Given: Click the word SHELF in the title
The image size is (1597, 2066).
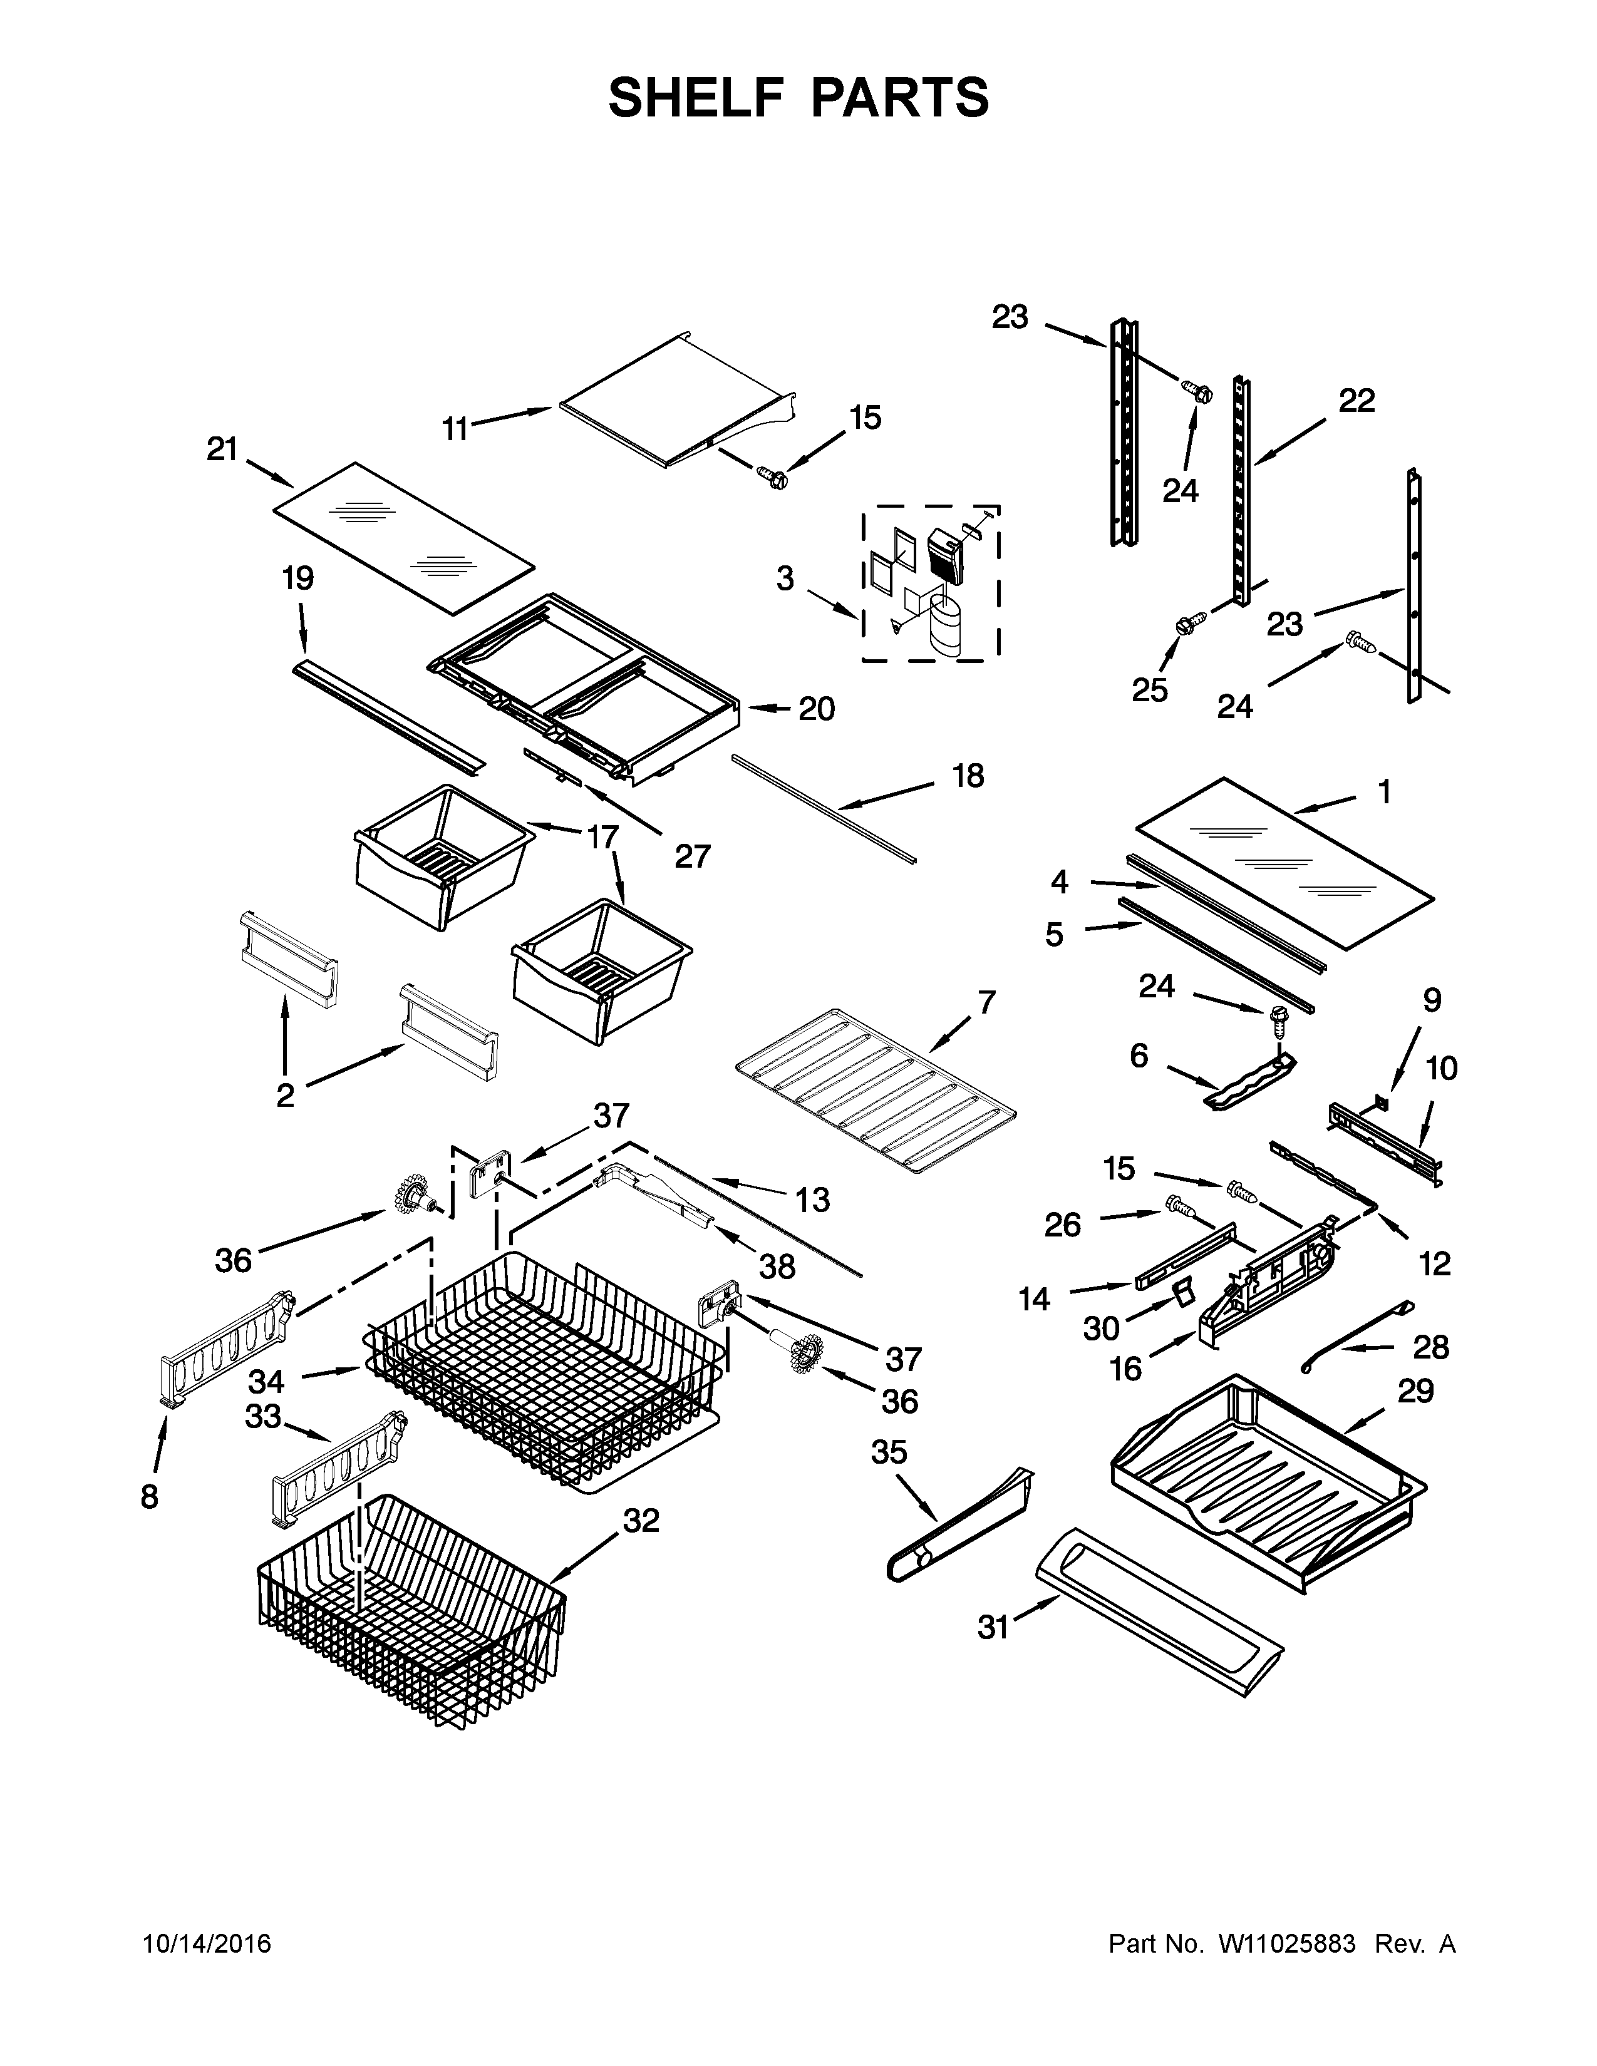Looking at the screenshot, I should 697,98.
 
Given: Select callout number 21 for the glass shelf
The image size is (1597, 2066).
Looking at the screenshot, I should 222,450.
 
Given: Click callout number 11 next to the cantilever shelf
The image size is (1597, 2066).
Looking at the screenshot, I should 455,429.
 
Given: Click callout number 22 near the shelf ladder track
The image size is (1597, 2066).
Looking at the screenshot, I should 1356,401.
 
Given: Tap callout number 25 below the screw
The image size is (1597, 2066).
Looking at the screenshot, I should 1149,691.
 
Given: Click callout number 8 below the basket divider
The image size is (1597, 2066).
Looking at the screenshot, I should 150,1498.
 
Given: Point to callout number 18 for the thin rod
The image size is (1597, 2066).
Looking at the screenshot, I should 968,776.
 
